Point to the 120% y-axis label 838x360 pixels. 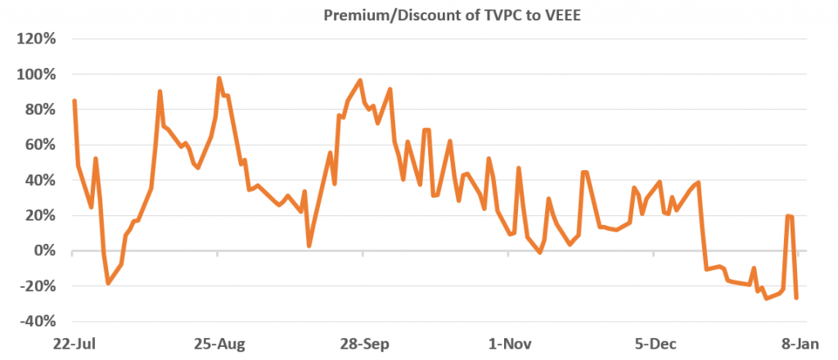pyautogui.click(x=36, y=39)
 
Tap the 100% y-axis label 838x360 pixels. pyautogui.click(x=36, y=74)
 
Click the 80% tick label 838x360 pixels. pyautogui.click(x=39, y=110)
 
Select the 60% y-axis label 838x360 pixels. pyautogui.click(x=39, y=145)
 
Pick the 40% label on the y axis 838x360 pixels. pyautogui.click(x=39, y=180)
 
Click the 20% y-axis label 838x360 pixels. pyautogui.click(x=39, y=215)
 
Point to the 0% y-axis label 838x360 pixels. pyautogui.click(x=43, y=250)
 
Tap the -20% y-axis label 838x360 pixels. pyautogui.click(x=37, y=286)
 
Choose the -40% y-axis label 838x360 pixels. pyautogui.click(x=37, y=322)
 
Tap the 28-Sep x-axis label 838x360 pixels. pyautogui.click(x=363, y=344)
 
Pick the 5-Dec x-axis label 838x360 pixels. pyautogui.click(x=653, y=344)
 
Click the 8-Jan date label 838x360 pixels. pyautogui.click(x=798, y=344)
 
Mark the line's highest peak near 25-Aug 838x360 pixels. pyautogui.click(x=219, y=79)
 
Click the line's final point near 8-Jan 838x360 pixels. pyautogui.click(x=796, y=298)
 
